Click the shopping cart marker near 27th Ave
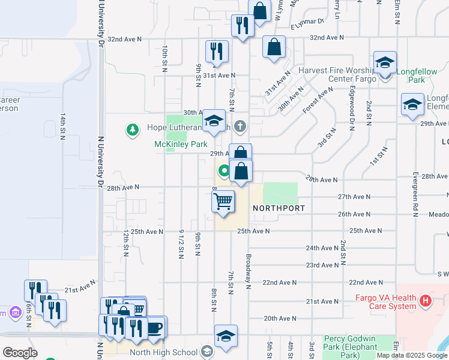pyautogui.click(x=223, y=202)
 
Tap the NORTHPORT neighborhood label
pyautogui.click(x=279, y=208)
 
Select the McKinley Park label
pyautogui.click(x=181, y=145)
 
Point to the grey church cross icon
pyautogui.click(x=240, y=125)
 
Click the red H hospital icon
pyautogui.click(x=426, y=300)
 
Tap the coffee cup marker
pyautogui.click(x=155, y=328)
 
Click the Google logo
pyautogui.click(x=20, y=353)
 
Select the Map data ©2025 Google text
pyautogui.click(x=411, y=355)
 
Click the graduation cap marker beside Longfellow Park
pyautogui.click(x=385, y=62)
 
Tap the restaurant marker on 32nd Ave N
pyautogui.click(x=243, y=26)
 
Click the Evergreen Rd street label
pyautogui.click(x=415, y=190)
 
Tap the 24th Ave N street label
pyautogui.click(x=322, y=248)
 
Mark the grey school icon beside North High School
pyautogui.click(x=206, y=352)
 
